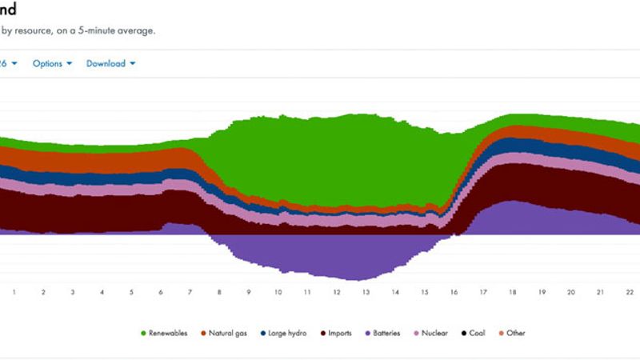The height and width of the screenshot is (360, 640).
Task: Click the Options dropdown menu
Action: [52, 64]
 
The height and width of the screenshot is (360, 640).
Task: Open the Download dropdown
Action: [110, 64]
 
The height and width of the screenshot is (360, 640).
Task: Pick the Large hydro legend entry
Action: [287, 333]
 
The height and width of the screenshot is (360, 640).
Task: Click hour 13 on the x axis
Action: [366, 293]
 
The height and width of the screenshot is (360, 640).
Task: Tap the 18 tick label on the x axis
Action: [512, 293]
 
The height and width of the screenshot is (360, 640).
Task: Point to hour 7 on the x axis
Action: [190, 293]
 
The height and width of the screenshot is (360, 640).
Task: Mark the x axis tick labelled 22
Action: [630, 293]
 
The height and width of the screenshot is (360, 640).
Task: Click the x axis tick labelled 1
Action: [14, 293]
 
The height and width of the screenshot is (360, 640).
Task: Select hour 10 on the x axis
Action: [278, 293]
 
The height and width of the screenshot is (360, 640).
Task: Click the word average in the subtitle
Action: [136, 31]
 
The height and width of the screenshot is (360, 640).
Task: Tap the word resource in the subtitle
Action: [30, 31]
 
